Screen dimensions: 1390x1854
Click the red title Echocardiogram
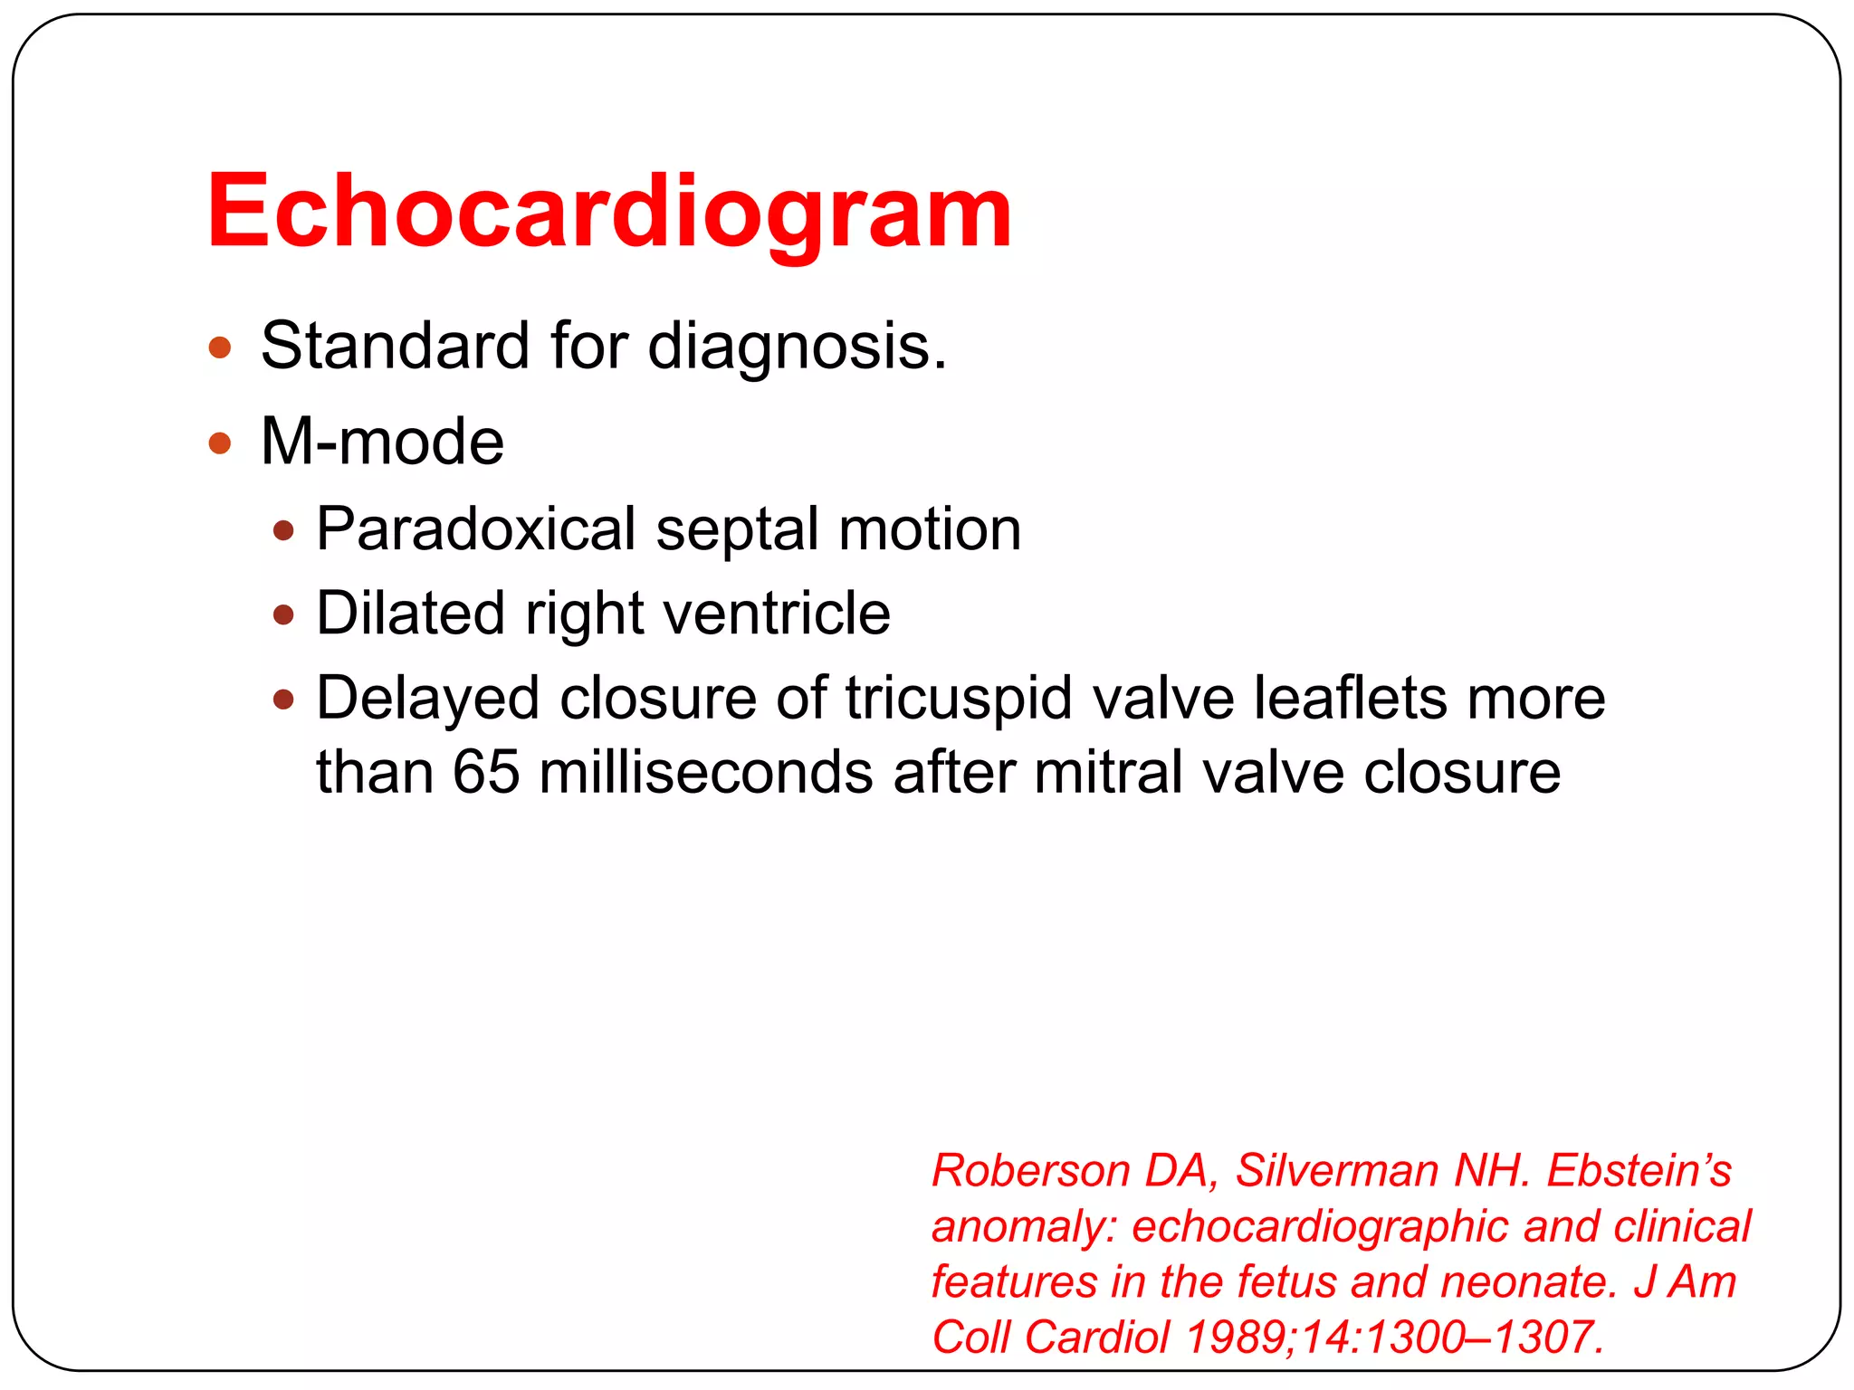click(608, 214)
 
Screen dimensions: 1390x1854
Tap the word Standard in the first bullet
click(395, 346)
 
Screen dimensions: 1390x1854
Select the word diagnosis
click(796, 346)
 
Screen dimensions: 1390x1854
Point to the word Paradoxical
click(476, 529)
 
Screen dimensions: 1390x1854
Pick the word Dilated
click(410, 614)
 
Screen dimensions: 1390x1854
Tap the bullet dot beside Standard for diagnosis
click(220, 347)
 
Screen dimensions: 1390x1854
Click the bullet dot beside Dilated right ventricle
click(284, 615)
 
